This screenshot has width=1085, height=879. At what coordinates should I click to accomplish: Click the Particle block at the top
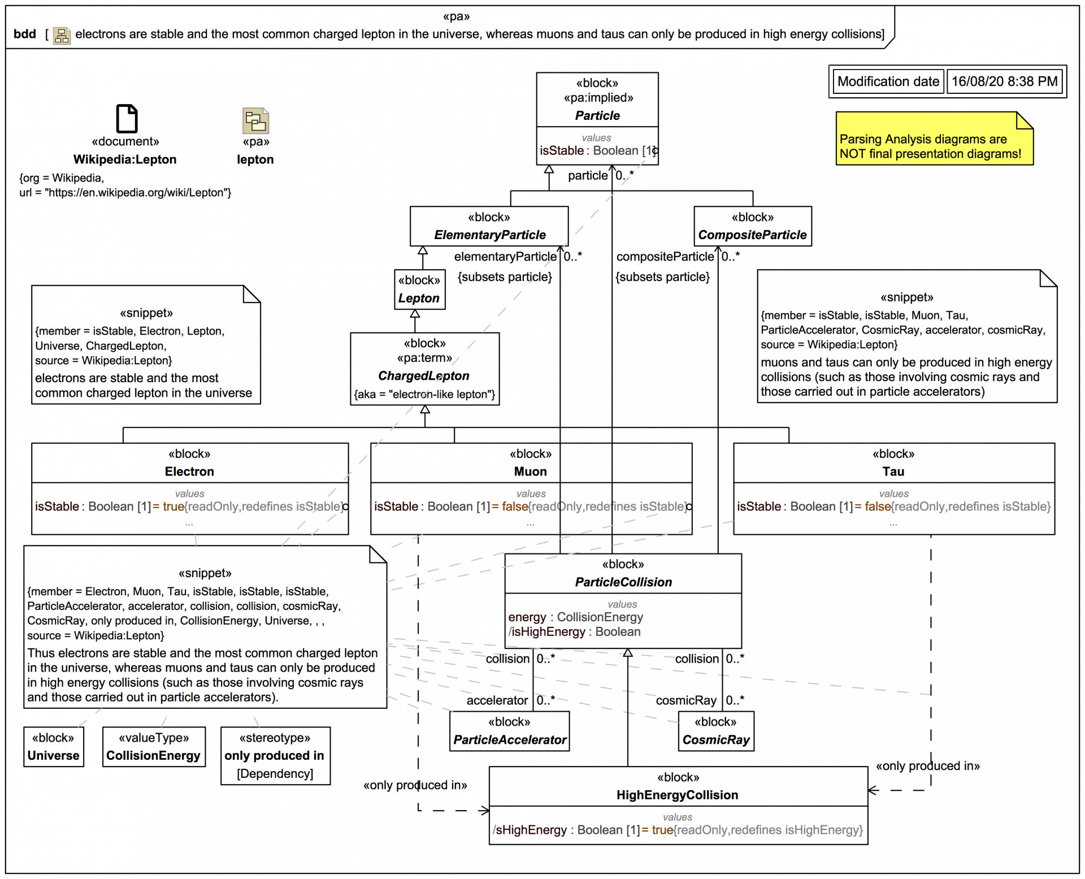pyautogui.click(x=597, y=115)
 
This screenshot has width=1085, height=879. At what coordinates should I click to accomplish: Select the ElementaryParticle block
pyautogui.click(x=489, y=235)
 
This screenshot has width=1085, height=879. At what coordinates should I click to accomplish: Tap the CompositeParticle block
pyautogui.click(x=752, y=235)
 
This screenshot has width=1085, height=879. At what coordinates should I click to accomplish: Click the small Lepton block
pyautogui.click(x=419, y=297)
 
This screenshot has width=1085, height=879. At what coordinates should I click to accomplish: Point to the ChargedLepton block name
pyautogui.click(x=424, y=376)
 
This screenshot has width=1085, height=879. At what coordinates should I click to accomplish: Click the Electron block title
pyautogui.click(x=189, y=471)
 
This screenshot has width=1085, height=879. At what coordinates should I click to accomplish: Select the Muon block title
pyautogui.click(x=530, y=471)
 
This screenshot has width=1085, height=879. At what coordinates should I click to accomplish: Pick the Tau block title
pyautogui.click(x=893, y=471)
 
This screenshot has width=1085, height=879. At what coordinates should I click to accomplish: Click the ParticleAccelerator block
pyautogui.click(x=509, y=739)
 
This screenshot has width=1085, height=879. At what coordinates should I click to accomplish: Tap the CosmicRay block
pyautogui.click(x=715, y=739)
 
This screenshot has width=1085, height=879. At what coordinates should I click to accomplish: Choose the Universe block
pyautogui.click(x=54, y=755)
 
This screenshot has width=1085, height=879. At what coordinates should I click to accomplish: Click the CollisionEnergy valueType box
pyautogui.click(x=153, y=755)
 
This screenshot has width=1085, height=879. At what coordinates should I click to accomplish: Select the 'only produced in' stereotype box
pyautogui.click(x=275, y=756)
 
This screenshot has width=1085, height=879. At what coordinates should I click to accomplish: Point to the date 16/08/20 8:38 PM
pyautogui.click(x=1004, y=81)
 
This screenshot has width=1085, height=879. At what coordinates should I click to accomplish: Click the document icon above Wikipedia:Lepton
pyautogui.click(x=126, y=119)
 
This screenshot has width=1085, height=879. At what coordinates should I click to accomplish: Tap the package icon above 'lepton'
pyautogui.click(x=255, y=120)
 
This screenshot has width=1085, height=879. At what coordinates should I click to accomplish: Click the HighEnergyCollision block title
pyautogui.click(x=677, y=795)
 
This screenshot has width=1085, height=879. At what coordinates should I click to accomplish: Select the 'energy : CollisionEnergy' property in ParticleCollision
pyautogui.click(x=575, y=617)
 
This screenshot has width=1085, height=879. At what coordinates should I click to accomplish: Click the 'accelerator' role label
pyautogui.click(x=497, y=700)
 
